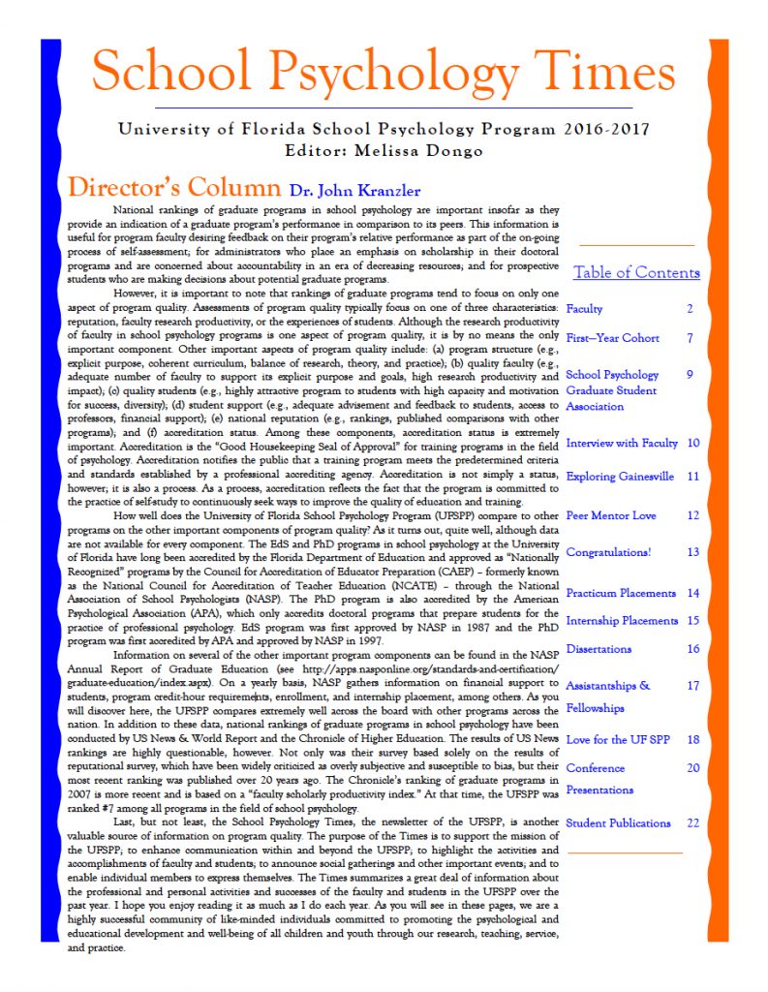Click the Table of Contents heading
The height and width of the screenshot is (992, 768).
click(x=636, y=272)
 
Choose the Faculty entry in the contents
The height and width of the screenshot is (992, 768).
click(x=584, y=309)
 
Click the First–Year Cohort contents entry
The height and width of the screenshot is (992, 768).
click(x=612, y=338)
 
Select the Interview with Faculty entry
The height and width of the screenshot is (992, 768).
click(x=622, y=443)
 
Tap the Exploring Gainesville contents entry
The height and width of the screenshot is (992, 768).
click(x=619, y=477)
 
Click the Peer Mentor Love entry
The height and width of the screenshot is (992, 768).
click(x=610, y=515)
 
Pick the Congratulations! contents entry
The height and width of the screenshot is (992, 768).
click(x=608, y=552)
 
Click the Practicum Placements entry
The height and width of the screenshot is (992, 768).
click(x=621, y=593)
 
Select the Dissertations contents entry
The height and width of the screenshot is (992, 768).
click(x=599, y=649)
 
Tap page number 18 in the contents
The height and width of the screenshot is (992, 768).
click(x=692, y=739)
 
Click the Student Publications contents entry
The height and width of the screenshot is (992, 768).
click(x=618, y=823)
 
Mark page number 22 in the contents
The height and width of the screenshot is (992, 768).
click(x=692, y=823)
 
